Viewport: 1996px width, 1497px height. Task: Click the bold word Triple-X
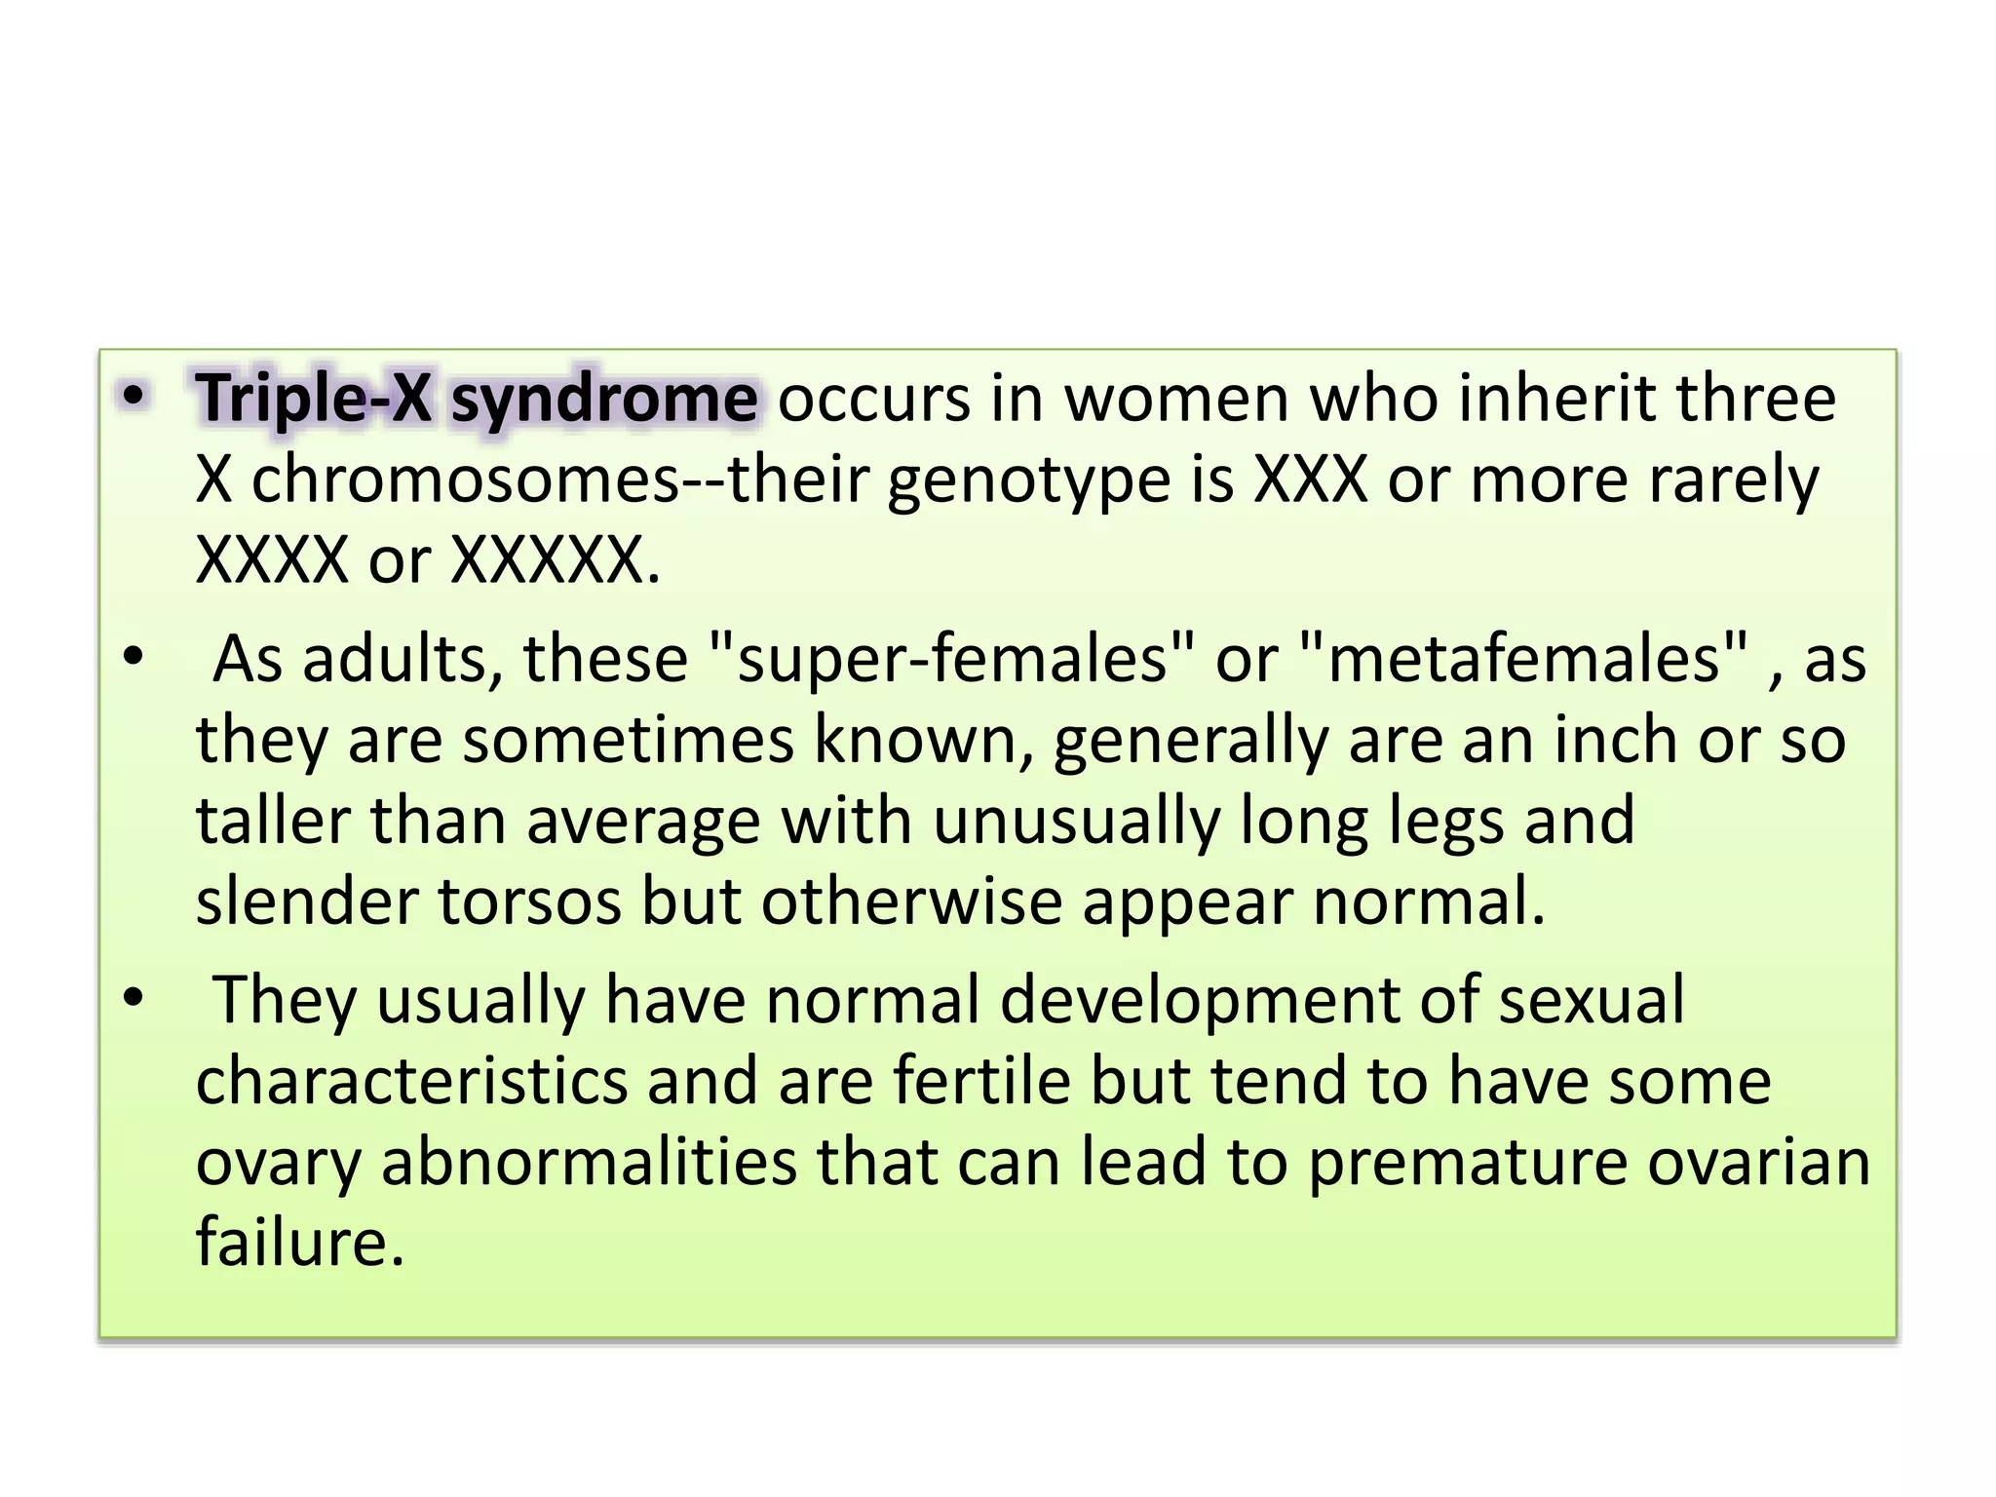pos(314,399)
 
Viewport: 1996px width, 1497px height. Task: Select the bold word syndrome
pos(604,399)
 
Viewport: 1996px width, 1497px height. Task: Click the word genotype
pos(1028,480)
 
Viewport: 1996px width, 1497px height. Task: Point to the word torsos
pos(529,902)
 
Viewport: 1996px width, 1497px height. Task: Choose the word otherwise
pos(911,902)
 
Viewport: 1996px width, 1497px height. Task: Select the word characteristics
pos(412,1081)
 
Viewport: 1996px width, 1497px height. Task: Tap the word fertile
pos(981,1081)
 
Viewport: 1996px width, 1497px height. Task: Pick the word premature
pos(1468,1162)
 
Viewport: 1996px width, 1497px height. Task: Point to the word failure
pos(299,1243)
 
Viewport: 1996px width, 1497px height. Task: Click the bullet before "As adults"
pos(134,657)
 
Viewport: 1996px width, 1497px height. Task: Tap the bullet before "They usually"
pos(134,998)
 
